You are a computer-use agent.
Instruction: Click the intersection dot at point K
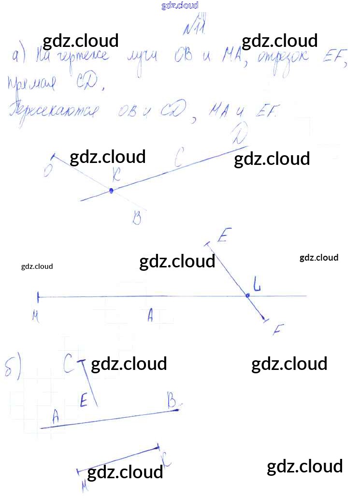pos(111,191)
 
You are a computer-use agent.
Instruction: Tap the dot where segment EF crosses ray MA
pos(247,295)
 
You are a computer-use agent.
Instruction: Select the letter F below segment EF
pos(277,330)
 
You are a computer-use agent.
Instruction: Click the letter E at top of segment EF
pos(223,236)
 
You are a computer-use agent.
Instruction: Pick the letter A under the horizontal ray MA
pos(150,316)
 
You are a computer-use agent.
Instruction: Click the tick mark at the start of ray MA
pos(38,296)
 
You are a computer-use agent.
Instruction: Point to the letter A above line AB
pos(55,414)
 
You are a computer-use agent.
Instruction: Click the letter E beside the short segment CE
pos(84,400)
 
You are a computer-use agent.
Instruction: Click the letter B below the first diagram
pos(137,219)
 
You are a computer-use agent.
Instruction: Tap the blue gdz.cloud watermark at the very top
pos(180,6)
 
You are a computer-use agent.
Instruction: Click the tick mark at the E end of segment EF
pos(208,245)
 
